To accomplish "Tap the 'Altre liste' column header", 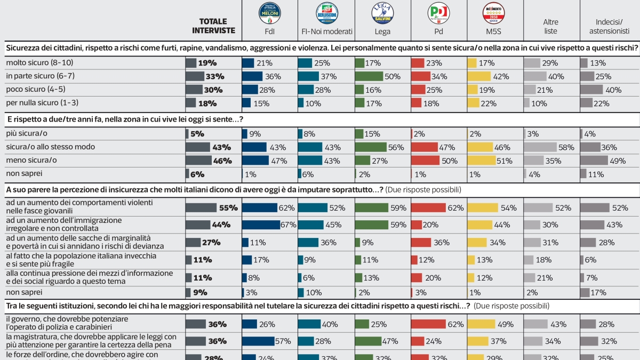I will (550, 27).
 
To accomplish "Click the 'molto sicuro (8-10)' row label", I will (35, 63).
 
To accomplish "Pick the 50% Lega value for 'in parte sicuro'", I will (392, 76).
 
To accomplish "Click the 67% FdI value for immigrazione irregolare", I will (289, 225).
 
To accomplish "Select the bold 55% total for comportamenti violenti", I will (229, 208).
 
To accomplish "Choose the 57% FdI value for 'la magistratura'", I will (283, 341).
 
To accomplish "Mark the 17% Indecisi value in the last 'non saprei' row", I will (600, 292).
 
